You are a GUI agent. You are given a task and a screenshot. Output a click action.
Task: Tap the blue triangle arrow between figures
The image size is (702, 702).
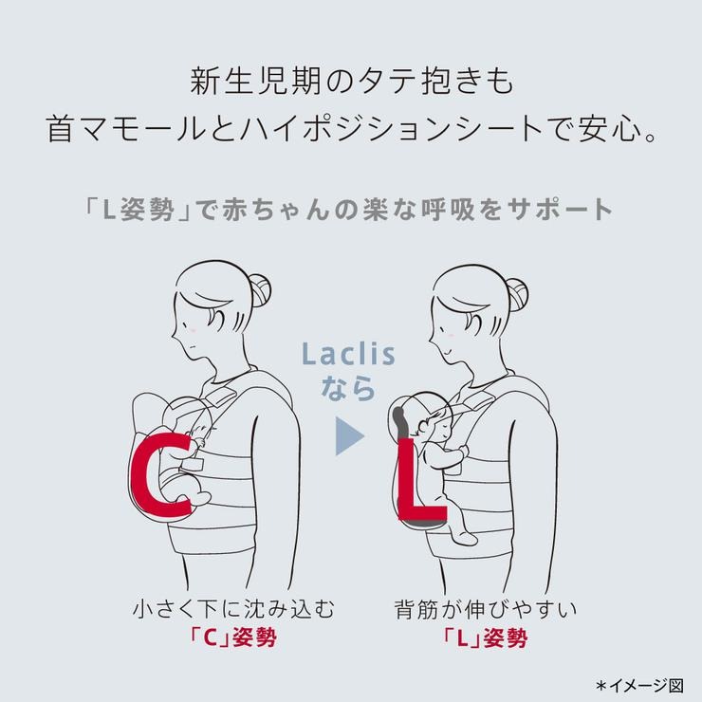coord(350,436)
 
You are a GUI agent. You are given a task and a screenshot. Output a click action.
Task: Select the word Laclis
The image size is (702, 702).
coord(348,354)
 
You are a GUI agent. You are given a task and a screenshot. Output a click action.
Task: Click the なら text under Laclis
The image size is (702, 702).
coord(348,388)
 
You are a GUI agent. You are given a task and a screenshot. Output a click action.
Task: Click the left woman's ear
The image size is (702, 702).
coord(215,319)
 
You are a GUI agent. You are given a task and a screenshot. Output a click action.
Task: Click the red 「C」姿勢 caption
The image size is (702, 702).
coord(232,637)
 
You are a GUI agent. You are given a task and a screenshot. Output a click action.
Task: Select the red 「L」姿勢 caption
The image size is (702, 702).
coord(485,637)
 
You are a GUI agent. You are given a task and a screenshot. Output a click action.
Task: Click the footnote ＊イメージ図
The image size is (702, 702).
coord(639,685)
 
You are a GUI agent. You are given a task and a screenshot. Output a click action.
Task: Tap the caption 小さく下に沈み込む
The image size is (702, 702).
coord(233,609)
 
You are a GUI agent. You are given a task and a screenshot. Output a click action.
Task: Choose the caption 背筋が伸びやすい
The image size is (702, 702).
coord(486,609)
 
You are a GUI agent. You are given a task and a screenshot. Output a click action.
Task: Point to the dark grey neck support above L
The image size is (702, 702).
coord(399,423)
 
